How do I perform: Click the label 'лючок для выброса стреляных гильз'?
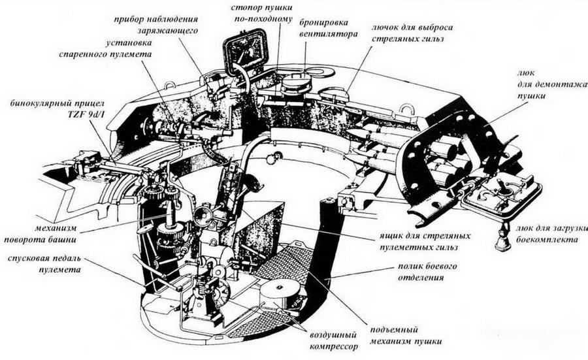412,34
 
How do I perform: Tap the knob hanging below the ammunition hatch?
502,242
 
